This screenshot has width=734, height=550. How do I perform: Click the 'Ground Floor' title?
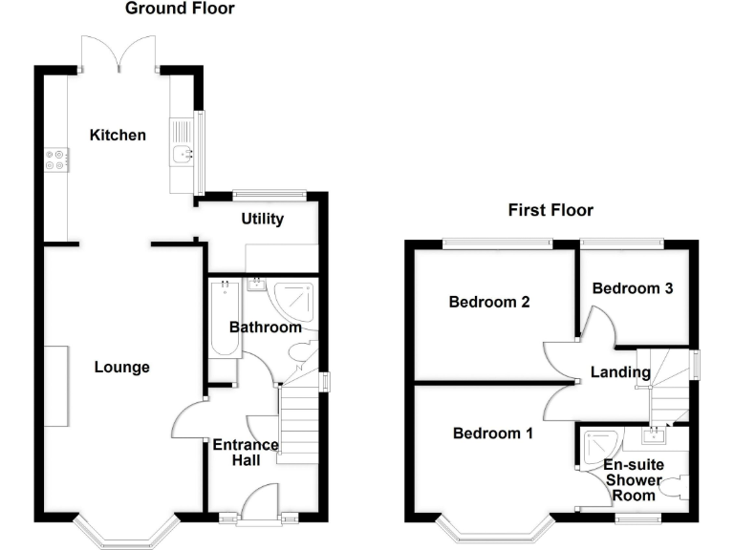tap(180, 9)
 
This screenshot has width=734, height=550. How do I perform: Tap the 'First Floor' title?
tap(550, 210)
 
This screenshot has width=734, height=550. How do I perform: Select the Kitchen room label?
tap(118, 135)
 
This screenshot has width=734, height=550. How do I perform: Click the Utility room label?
tap(262, 219)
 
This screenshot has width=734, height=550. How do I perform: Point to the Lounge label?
tap(121, 367)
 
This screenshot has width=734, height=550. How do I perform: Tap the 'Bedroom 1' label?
tap(492, 433)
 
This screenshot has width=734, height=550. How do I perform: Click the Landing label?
tap(620, 372)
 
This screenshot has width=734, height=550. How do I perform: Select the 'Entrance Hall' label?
tap(245, 453)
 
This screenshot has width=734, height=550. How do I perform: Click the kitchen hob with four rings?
tap(55, 159)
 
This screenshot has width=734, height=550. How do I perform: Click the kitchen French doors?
tap(119, 53)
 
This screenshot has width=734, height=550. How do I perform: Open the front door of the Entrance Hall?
tap(260, 504)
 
